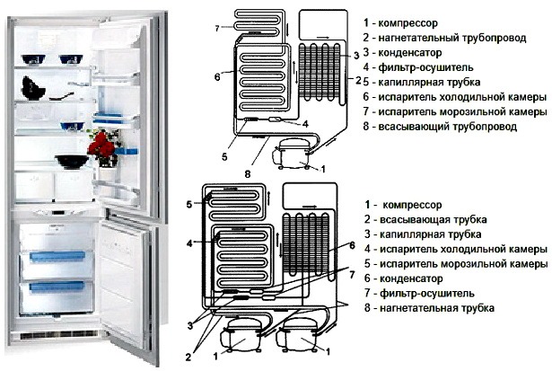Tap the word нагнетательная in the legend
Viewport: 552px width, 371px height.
pos(422,308)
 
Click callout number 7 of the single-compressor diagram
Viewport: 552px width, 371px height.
pos(218,28)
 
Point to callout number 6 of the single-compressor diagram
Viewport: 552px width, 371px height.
pos(218,77)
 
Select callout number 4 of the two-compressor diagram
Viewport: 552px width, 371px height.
pos(191,243)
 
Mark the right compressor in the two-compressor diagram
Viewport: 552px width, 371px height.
pos(296,338)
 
